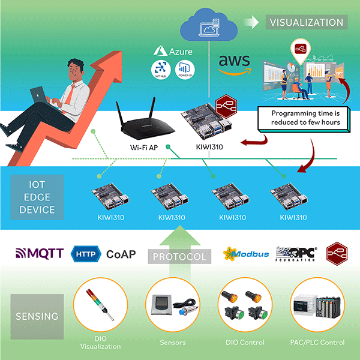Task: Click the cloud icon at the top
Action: click(208, 26)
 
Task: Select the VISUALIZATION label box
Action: click(307, 23)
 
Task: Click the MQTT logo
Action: click(38, 254)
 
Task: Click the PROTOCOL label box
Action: click(181, 257)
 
